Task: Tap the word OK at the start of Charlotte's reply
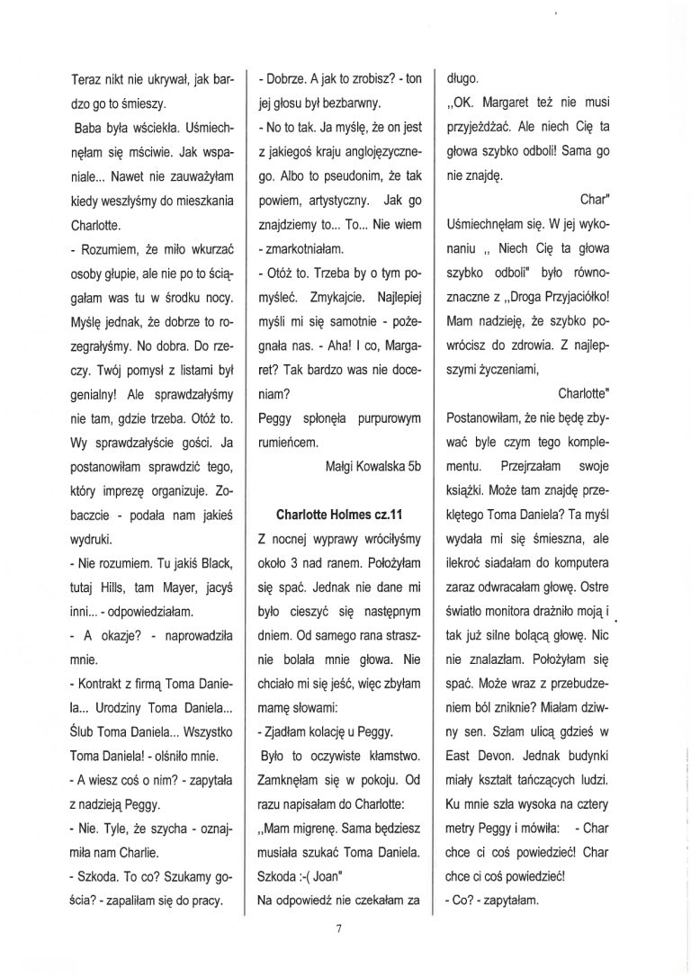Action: (458, 103)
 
